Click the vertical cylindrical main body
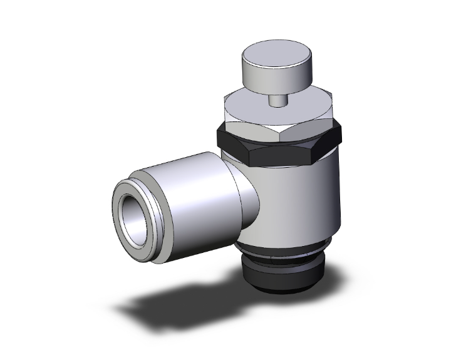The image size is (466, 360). click(x=301, y=194)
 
